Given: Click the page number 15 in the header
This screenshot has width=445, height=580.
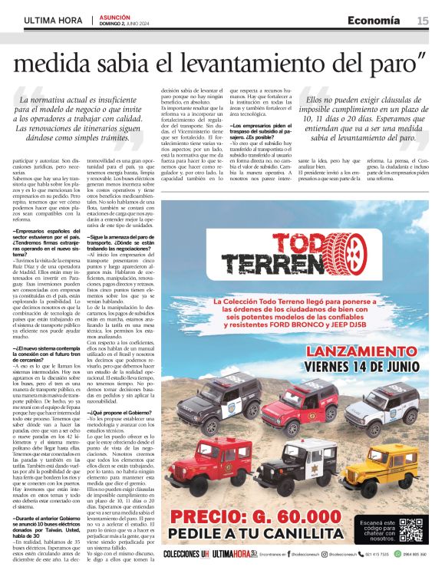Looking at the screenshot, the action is (423, 21).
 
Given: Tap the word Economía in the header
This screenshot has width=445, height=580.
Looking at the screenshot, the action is (373, 21).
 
